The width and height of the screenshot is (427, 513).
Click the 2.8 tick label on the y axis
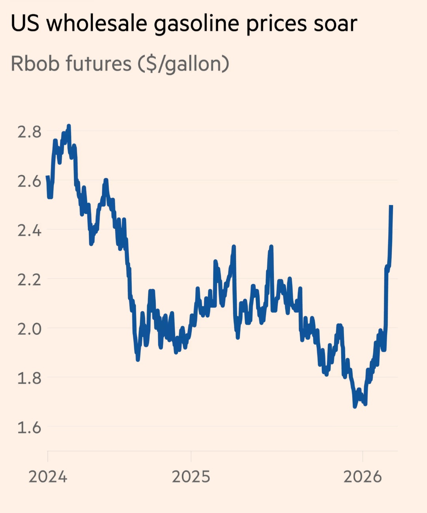[29, 131]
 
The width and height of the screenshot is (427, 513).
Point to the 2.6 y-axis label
[29, 181]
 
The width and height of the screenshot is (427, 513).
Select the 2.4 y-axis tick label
[29, 230]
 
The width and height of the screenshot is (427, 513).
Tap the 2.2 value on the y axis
[29, 279]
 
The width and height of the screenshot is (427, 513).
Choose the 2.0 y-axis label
[29, 329]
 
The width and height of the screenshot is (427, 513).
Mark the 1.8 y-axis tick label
[29, 378]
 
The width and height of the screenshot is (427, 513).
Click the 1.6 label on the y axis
[29, 427]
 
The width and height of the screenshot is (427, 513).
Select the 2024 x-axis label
[48, 477]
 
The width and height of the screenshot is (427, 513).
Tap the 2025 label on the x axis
[191, 477]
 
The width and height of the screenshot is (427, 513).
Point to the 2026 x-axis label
[363, 477]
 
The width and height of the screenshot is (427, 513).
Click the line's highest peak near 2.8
[69, 126]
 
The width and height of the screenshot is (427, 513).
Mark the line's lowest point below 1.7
[355, 406]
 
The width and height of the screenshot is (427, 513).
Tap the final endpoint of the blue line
[391, 206]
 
